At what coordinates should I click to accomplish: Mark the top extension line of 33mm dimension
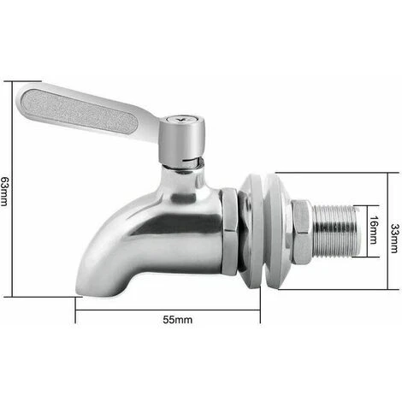click(334, 171)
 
